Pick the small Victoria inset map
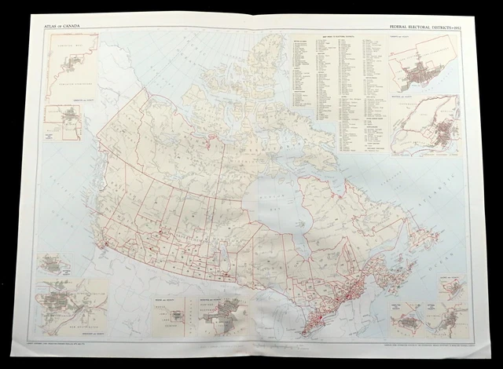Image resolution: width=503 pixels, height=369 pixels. coord(55,262)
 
